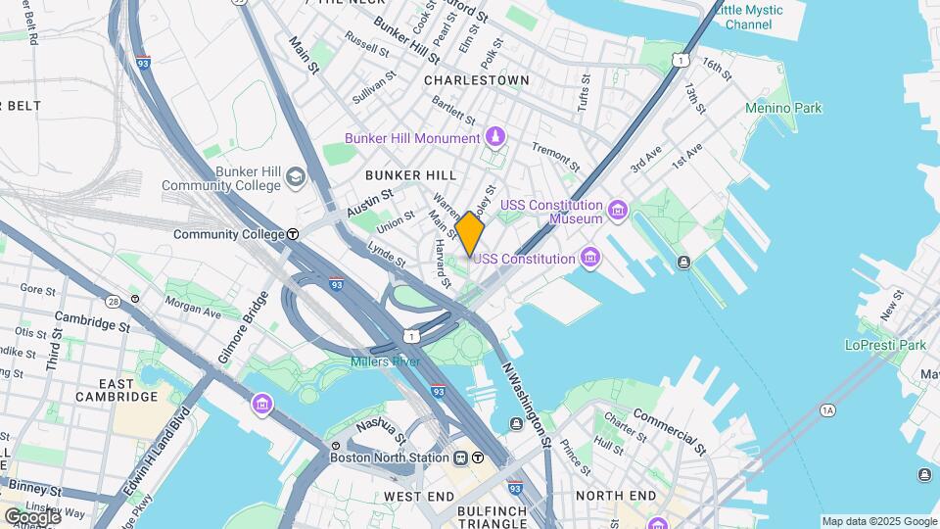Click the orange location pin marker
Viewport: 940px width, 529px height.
(470, 233)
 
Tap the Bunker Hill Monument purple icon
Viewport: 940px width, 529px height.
(495, 137)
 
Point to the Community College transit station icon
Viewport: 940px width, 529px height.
(293, 234)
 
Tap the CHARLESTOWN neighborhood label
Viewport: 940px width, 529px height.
(477, 80)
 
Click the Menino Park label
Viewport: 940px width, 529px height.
(783, 108)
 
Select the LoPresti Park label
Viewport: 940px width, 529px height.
(885, 345)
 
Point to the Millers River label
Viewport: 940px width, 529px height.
(386, 362)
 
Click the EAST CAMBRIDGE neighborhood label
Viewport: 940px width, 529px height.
(117, 390)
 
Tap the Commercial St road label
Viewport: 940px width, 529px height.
(670, 432)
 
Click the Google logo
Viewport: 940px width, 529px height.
(31, 515)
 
